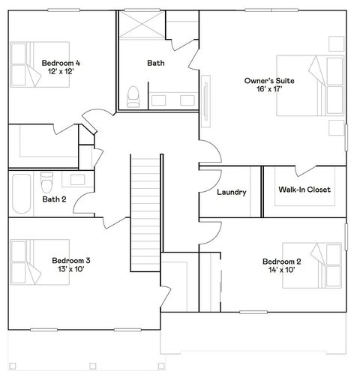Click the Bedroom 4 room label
61,63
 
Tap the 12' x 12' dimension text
61,73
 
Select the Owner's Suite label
268,79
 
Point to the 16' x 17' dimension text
268,89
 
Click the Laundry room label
231,193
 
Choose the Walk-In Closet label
304,190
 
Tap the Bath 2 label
54,199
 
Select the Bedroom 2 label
282,261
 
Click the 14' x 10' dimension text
282,271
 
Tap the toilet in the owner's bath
134,95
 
